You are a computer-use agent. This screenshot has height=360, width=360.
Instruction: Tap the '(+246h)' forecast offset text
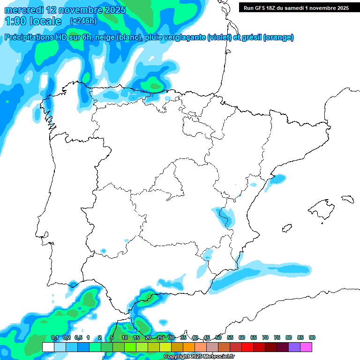(x=83, y=21)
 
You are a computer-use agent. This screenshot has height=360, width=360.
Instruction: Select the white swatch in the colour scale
(x=48, y=347)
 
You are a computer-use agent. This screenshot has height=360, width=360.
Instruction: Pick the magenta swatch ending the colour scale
(x=306, y=347)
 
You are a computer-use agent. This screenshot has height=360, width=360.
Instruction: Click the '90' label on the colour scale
(x=312, y=337)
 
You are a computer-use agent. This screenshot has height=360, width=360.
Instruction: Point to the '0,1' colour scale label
(x=54, y=337)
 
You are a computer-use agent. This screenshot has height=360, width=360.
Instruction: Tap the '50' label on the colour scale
(x=218, y=337)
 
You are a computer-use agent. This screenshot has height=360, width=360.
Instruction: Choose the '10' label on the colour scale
(x=125, y=337)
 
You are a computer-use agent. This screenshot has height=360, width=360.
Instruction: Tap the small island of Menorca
(x=347, y=199)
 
